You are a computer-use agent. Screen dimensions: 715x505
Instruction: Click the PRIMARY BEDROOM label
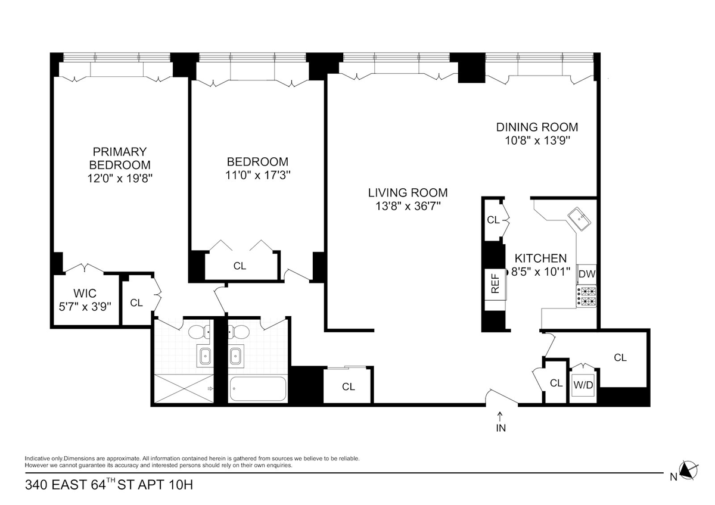click(120, 158)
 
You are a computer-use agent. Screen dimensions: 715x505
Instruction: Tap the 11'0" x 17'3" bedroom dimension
click(257, 175)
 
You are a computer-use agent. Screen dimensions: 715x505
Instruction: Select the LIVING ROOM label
click(408, 193)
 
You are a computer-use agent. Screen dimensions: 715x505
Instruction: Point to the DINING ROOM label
click(537, 127)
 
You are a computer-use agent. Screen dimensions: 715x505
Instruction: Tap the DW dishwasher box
click(587, 274)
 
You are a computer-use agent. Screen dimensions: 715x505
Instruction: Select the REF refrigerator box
click(495, 284)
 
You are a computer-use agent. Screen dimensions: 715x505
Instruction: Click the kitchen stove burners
click(586, 296)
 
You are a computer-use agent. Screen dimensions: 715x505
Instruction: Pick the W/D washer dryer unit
click(583, 385)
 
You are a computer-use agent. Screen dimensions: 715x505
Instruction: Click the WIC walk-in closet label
click(85, 293)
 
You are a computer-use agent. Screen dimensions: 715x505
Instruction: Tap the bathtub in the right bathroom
click(258, 388)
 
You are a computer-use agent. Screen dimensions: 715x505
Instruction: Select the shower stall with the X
click(184, 388)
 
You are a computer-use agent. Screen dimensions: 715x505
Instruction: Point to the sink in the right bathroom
click(236, 354)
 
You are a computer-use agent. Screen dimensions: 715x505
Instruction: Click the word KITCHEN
click(541, 258)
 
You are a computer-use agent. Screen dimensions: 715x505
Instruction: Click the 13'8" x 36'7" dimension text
click(408, 207)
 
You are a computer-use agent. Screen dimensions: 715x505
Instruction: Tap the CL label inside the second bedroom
click(240, 266)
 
